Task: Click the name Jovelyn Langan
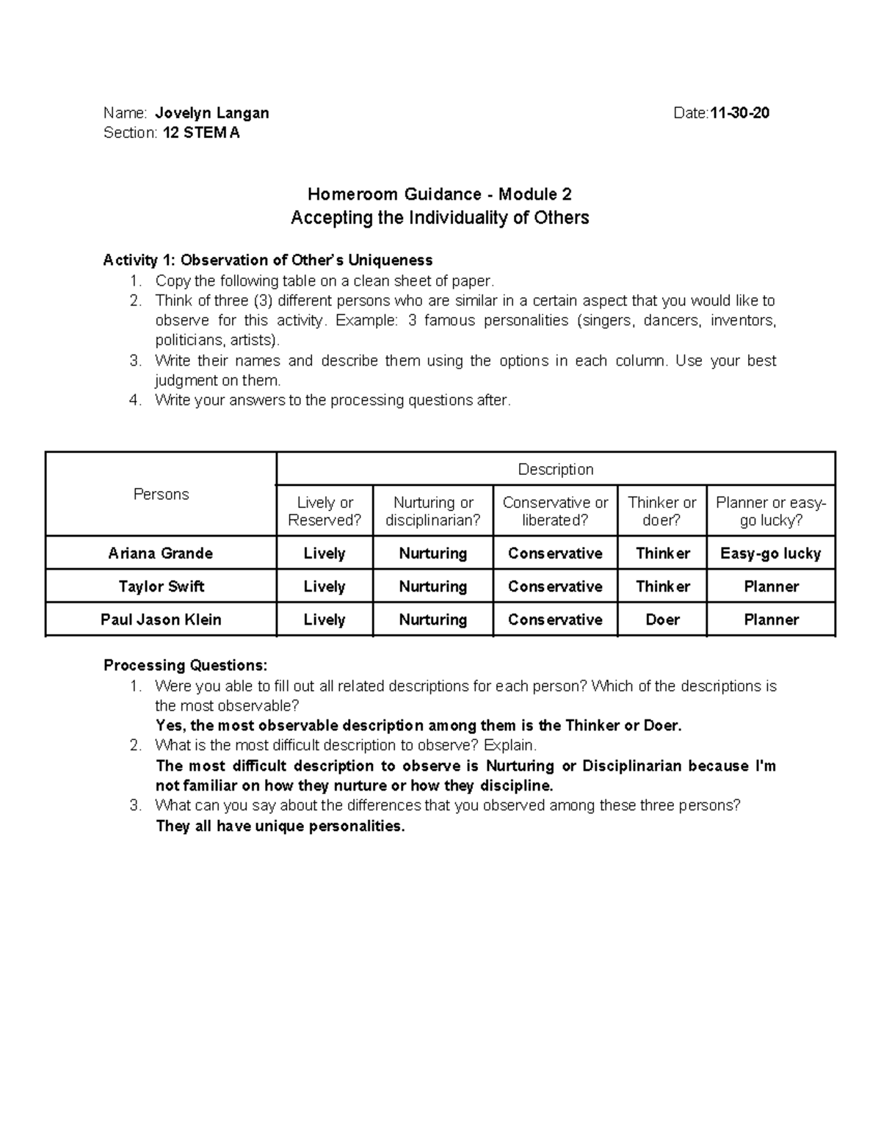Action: click(212, 113)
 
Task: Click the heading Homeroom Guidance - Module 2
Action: click(439, 195)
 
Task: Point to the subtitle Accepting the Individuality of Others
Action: click(439, 218)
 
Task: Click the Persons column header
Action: click(161, 494)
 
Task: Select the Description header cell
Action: click(556, 469)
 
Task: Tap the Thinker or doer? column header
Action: click(661, 511)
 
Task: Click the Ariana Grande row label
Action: click(161, 553)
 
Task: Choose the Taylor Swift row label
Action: click(161, 587)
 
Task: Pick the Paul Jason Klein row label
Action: click(161, 620)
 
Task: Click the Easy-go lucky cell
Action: click(770, 553)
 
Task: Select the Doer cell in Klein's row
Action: click(661, 620)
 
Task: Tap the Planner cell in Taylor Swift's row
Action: click(770, 587)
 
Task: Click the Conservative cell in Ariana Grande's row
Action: click(555, 553)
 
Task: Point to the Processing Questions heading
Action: click(186, 666)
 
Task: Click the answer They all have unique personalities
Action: click(280, 827)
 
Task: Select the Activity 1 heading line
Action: click(268, 260)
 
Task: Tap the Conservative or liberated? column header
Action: click(555, 511)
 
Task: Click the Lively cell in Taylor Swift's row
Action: click(325, 587)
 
